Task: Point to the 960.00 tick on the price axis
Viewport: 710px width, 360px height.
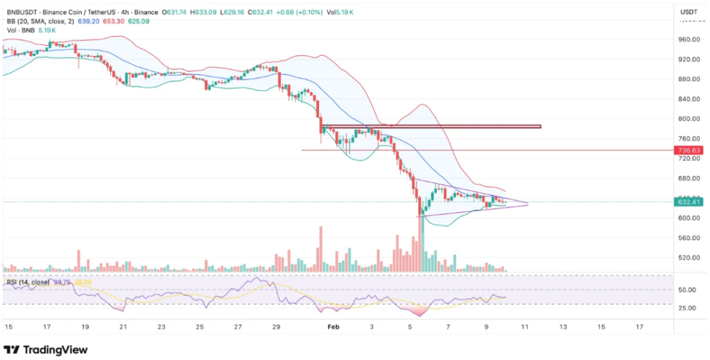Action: pos(688,40)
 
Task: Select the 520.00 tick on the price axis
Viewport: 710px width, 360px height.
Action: pos(688,257)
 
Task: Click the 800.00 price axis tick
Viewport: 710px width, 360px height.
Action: pos(688,119)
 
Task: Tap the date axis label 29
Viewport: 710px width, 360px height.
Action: pos(276,325)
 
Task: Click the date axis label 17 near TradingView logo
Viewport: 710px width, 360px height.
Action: pos(46,325)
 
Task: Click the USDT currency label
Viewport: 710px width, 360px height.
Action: pos(689,12)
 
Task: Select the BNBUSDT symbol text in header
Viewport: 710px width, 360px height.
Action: pos(22,12)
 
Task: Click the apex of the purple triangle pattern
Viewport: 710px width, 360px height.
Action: pos(528,203)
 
